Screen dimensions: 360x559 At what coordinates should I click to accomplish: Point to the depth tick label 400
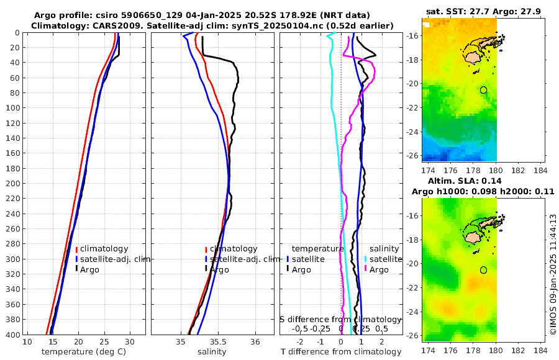[x=12, y=335]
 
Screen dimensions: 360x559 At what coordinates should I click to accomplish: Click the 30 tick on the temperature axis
[x=129, y=342]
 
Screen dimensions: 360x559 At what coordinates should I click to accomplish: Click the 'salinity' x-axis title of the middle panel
[x=211, y=352]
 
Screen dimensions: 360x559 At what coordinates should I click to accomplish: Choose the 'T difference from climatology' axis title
[x=341, y=352]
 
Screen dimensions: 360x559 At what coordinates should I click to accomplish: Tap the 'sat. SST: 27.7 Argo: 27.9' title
[x=484, y=11]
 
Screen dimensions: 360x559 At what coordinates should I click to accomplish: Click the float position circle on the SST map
[x=483, y=90]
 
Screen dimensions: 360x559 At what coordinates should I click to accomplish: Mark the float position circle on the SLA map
[x=483, y=270]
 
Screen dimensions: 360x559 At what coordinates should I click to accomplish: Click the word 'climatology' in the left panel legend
[x=104, y=249]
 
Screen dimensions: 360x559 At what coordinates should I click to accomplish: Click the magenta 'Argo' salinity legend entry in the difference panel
[x=379, y=269]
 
